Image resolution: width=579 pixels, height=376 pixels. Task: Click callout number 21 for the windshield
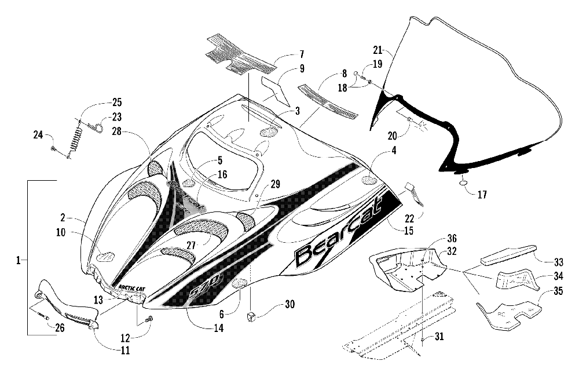(x=378, y=49)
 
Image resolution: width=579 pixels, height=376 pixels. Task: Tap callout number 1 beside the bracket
(x=18, y=260)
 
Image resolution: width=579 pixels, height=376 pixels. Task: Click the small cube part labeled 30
(x=251, y=316)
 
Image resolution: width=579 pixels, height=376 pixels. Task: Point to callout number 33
(x=559, y=262)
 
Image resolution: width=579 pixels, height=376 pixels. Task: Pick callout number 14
(x=219, y=327)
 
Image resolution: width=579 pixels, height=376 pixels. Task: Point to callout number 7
(x=302, y=54)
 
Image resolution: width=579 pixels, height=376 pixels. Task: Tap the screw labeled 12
(x=151, y=318)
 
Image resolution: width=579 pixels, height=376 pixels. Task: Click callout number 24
(x=38, y=135)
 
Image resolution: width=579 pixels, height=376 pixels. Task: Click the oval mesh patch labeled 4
(x=369, y=180)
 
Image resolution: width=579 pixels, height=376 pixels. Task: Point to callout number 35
(x=559, y=291)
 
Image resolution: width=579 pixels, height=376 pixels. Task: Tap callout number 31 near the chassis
(x=439, y=337)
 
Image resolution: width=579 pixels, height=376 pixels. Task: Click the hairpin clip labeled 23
(x=97, y=126)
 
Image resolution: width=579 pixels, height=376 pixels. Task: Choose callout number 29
(x=275, y=184)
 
